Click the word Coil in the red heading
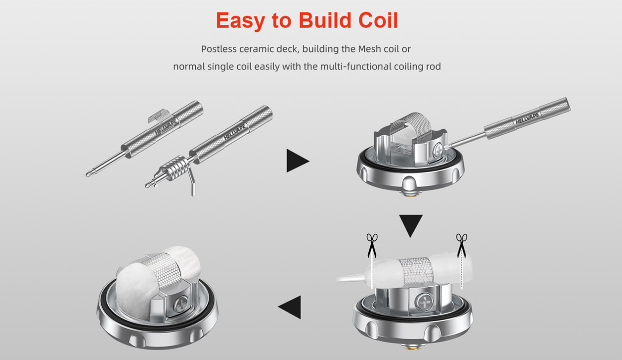378,20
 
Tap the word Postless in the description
219,49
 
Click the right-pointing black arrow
298,161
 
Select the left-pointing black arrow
290,307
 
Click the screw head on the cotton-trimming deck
425,301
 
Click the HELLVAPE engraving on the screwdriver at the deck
527,118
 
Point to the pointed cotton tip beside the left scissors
353,278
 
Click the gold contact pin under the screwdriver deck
410,194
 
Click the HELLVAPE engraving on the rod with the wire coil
235,132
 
